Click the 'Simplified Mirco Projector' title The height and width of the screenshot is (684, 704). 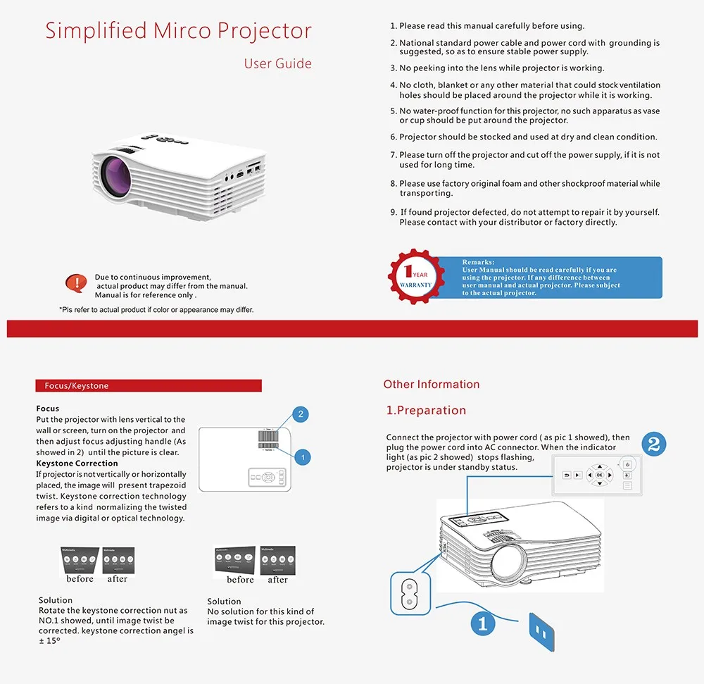pos(178,31)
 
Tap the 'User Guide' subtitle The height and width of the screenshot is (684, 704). pos(277,63)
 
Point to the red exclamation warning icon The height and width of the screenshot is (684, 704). pos(75,283)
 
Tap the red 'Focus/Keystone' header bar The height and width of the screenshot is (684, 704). pos(148,386)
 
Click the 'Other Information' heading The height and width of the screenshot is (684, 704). pos(432,385)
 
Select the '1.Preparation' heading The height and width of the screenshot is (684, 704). pos(426,411)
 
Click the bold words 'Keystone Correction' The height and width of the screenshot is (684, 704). pos(77,464)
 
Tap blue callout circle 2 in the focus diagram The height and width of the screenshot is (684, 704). pos(301,413)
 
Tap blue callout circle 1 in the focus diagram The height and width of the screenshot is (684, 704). pos(302,458)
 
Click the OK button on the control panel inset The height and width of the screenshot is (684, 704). pos(600,475)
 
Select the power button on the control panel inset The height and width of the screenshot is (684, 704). pos(628,464)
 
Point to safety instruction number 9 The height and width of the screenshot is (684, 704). pos(529,217)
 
